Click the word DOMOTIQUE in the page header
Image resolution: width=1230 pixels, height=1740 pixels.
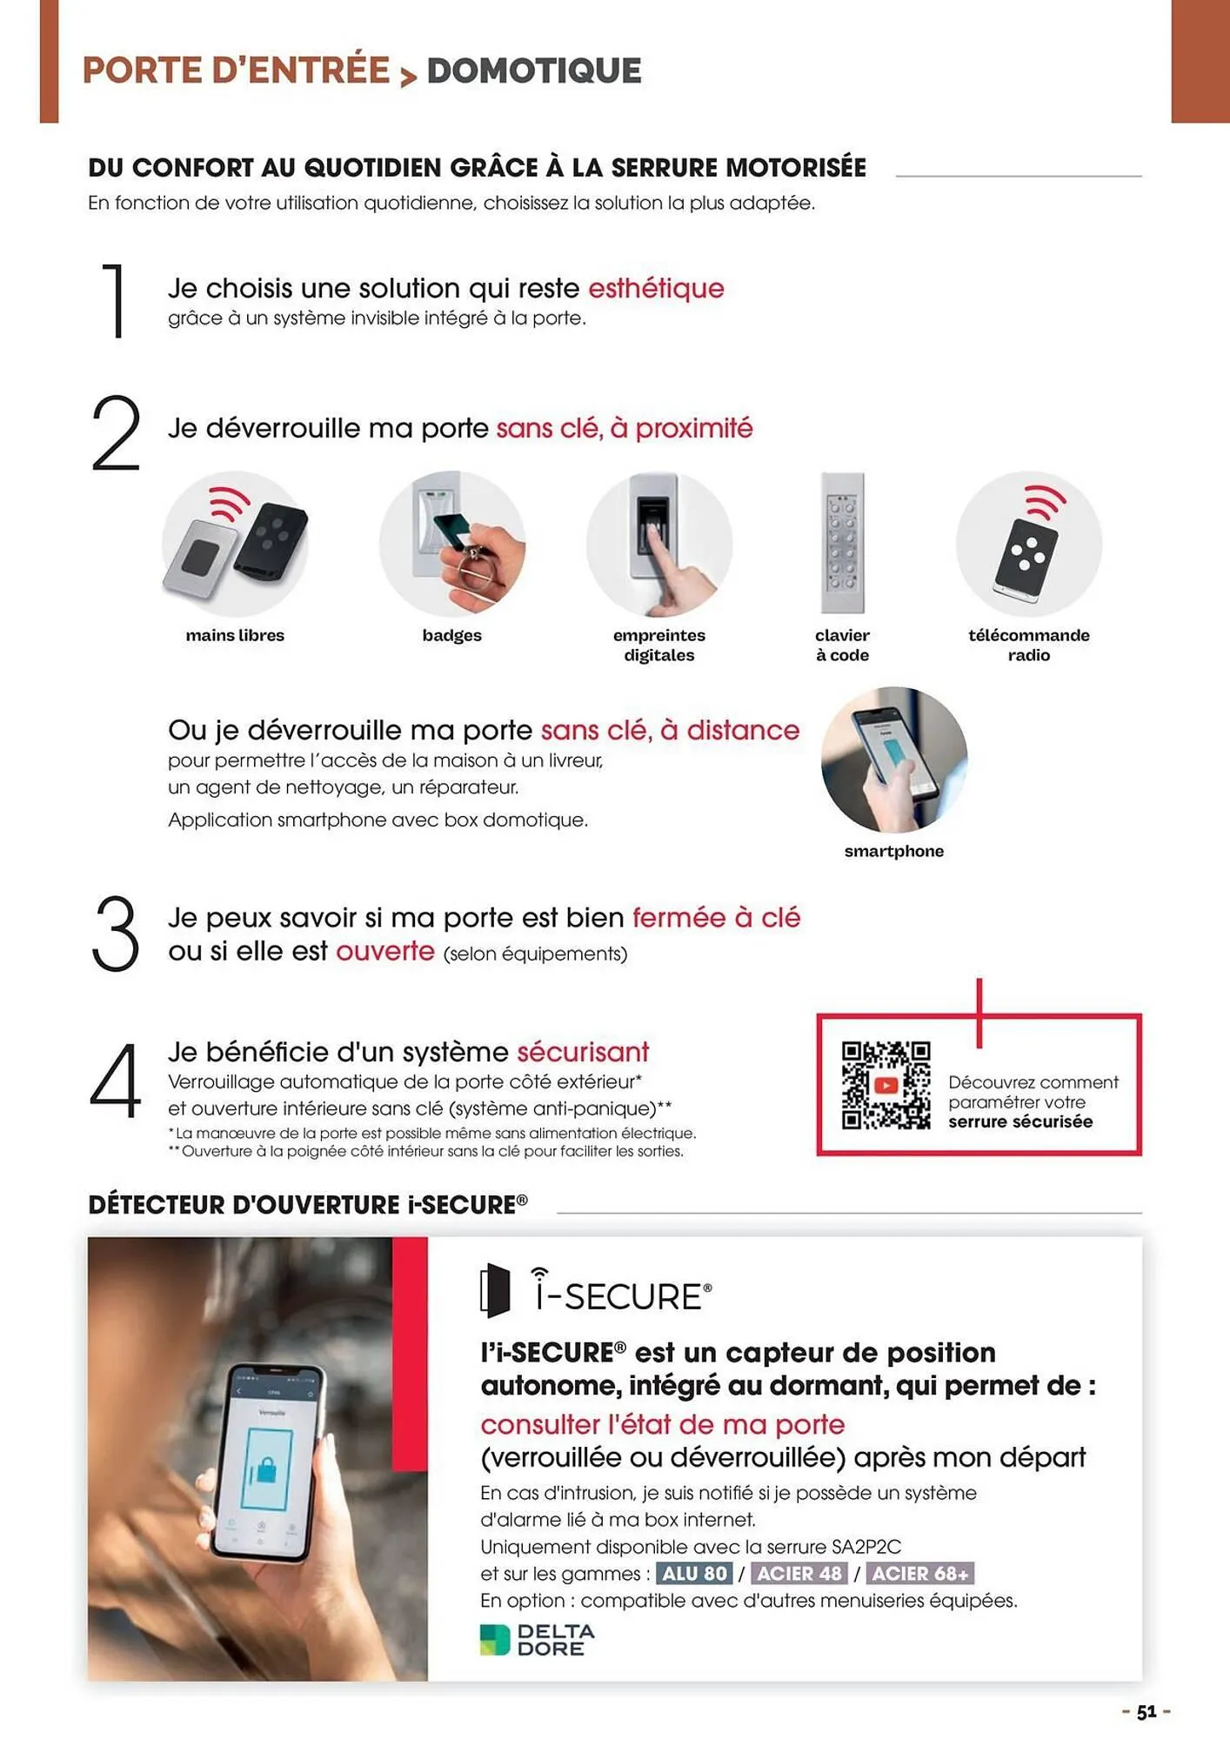pyautogui.click(x=534, y=70)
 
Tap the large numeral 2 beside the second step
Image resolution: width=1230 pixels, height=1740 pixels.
pyautogui.click(x=116, y=433)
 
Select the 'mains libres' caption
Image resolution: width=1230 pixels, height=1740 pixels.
pyautogui.click(x=235, y=635)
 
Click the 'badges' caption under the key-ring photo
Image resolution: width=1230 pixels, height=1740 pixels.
pyautogui.click(x=451, y=635)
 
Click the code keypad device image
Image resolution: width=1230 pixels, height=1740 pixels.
pyautogui.click(x=842, y=543)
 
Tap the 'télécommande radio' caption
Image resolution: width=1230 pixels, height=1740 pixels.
pyautogui.click(x=1029, y=645)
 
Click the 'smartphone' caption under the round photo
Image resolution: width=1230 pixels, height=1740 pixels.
pyautogui.click(x=894, y=851)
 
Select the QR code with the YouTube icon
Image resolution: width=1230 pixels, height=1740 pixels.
pyautogui.click(x=886, y=1085)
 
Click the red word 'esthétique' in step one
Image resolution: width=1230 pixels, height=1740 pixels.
pyautogui.click(x=656, y=288)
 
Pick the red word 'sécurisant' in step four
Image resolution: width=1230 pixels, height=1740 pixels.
pyautogui.click(x=583, y=1052)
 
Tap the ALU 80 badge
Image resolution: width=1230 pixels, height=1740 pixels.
pyautogui.click(x=694, y=1573)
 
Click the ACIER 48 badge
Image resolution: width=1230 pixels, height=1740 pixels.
pyautogui.click(x=799, y=1573)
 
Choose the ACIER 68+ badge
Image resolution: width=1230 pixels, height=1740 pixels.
pyautogui.click(x=920, y=1573)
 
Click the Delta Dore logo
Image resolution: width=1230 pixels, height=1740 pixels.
pyautogui.click(x=538, y=1639)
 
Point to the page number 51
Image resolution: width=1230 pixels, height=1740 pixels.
pyautogui.click(x=1146, y=1711)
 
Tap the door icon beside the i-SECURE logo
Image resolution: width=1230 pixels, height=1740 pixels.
pyautogui.click(x=495, y=1290)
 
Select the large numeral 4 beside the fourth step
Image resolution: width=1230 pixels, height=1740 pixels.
pyautogui.click(x=116, y=1081)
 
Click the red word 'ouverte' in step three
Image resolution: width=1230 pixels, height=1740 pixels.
pyautogui.click(x=385, y=951)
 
